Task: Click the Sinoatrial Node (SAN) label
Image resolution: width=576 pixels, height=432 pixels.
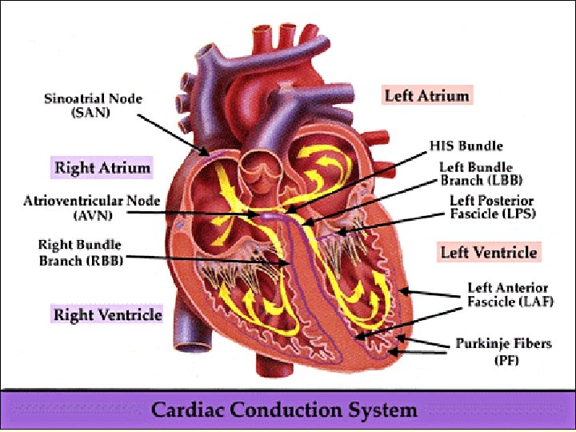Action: point(92,106)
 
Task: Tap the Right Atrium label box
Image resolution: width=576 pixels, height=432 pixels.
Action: point(102,168)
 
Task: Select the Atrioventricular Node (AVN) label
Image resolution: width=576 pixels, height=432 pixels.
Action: point(91,207)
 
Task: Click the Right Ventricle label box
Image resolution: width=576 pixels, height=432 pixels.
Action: point(107,314)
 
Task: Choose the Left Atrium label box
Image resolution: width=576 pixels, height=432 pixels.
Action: point(426,95)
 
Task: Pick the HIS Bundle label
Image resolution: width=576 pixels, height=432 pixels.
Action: point(466,146)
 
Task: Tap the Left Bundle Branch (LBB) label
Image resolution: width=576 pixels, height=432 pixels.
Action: point(476,174)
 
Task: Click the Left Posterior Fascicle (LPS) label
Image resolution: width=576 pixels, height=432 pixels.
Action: point(491,207)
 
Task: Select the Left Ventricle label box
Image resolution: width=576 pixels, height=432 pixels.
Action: point(488,253)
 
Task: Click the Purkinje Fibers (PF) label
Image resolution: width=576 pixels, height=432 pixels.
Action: point(503,352)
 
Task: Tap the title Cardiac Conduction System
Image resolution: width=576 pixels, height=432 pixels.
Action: point(285,410)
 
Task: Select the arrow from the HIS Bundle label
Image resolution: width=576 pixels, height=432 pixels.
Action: point(360,180)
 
